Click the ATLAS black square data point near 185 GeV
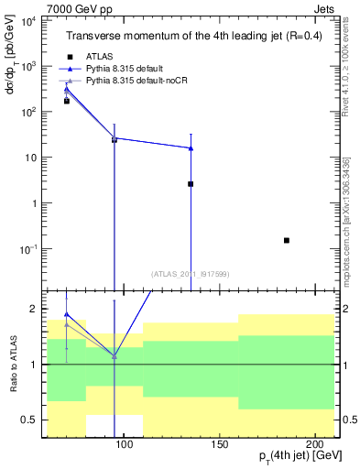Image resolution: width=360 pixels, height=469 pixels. click(287, 240)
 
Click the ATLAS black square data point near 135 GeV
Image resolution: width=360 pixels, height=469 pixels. click(191, 184)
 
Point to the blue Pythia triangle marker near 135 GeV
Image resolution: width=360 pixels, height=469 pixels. click(191, 147)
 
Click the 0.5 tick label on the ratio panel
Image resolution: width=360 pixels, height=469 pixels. click(30, 420)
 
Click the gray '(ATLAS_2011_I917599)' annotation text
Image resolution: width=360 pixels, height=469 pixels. click(190, 273)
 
